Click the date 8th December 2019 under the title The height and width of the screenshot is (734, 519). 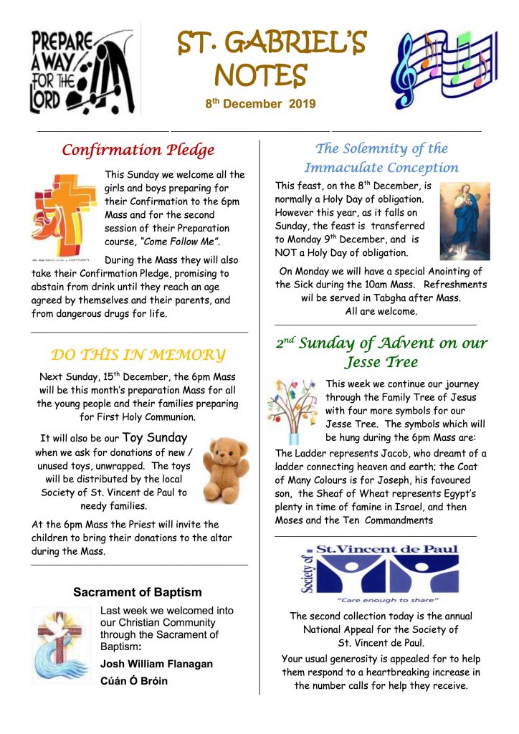260,105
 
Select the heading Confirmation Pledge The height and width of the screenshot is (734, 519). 138,150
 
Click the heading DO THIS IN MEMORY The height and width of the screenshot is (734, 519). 138,355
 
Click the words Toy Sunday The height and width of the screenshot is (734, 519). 155,438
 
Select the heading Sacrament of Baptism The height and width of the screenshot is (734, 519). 138,592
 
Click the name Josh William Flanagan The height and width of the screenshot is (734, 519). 156,664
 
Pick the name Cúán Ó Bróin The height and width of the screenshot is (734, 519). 134,681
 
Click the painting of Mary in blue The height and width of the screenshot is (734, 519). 464,220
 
